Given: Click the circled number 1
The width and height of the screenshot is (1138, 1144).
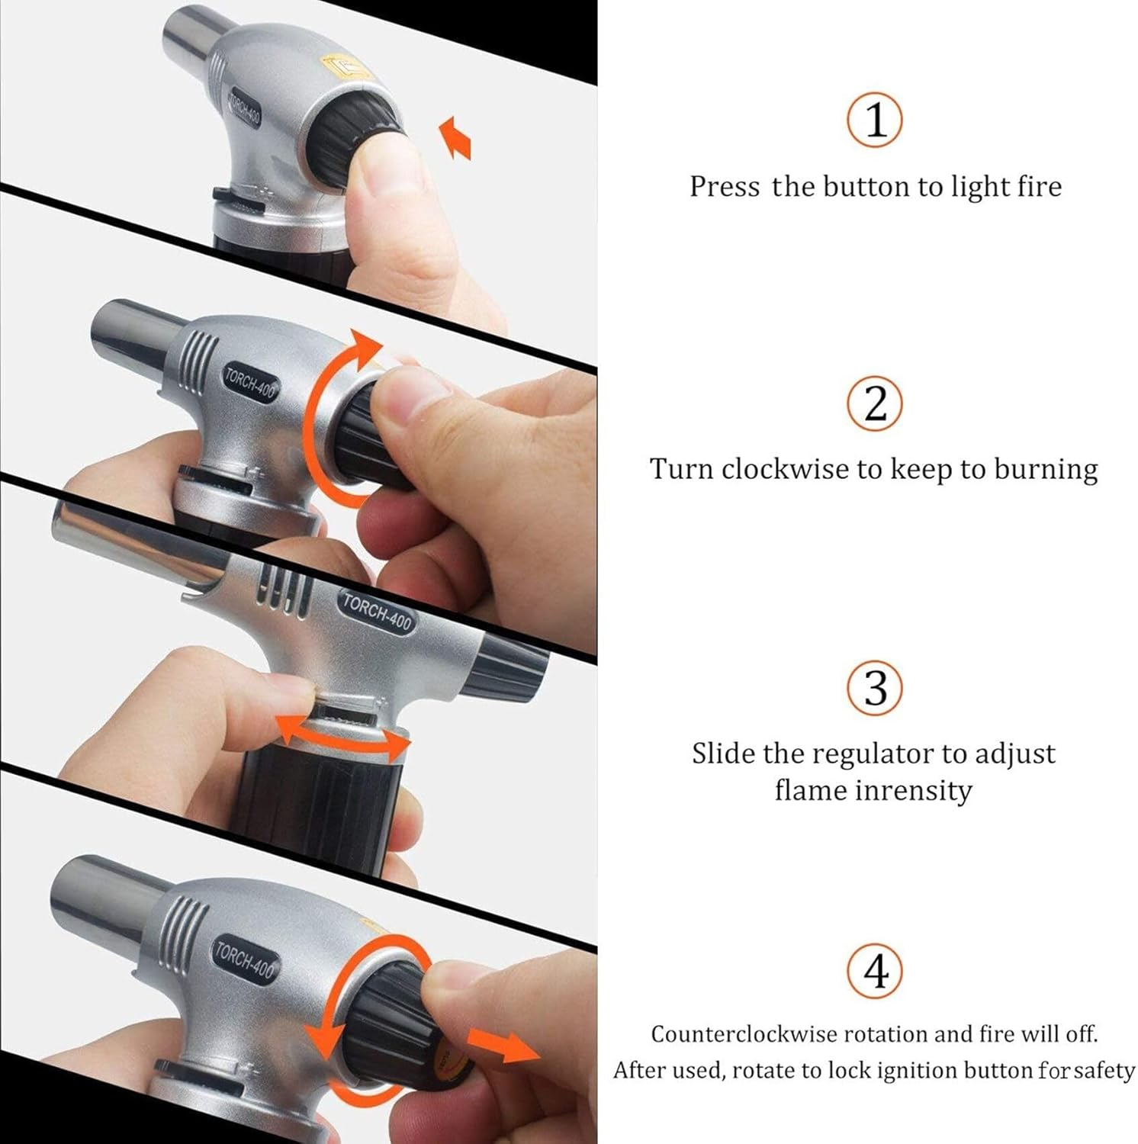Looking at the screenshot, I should tap(874, 120).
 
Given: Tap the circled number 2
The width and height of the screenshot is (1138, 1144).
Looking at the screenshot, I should tap(874, 403).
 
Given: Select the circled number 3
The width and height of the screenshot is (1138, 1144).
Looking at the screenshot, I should tap(874, 687).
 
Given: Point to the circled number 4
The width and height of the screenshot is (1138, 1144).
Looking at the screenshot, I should tap(875, 972).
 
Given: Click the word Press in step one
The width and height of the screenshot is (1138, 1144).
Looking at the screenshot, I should tap(724, 187).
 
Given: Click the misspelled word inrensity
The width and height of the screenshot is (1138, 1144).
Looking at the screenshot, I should tap(912, 790).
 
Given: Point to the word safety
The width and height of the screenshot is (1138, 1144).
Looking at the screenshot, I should tap(1104, 1071).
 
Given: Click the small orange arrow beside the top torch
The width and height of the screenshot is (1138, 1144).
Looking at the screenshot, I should tap(456, 137).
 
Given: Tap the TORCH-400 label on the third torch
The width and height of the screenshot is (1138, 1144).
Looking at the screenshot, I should tap(376, 611).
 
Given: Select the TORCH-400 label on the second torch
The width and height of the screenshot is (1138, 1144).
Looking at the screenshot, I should tap(250, 381).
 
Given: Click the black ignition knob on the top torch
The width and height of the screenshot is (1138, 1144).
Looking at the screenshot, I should tap(355, 145).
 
